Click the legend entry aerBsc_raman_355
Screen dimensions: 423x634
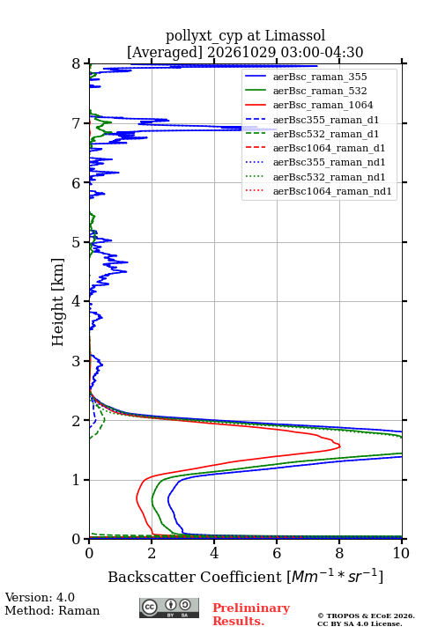(320, 77)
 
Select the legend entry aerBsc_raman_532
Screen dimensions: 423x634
(320, 91)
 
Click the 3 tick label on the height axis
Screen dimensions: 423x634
(77, 361)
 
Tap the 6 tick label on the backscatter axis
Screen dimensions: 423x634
(277, 553)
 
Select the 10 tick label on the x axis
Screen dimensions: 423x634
(402, 553)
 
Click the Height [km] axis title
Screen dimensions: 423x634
(58, 302)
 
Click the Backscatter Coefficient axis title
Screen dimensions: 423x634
(245, 576)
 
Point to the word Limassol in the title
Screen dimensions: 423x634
(295, 36)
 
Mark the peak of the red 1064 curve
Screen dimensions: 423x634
(340, 446)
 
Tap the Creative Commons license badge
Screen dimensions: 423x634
(169, 608)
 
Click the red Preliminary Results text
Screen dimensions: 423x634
(251, 615)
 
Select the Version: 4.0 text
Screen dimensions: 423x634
(40, 597)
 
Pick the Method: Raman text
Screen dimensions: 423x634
(52, 610)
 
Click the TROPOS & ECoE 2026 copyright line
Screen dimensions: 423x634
(367, 616)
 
